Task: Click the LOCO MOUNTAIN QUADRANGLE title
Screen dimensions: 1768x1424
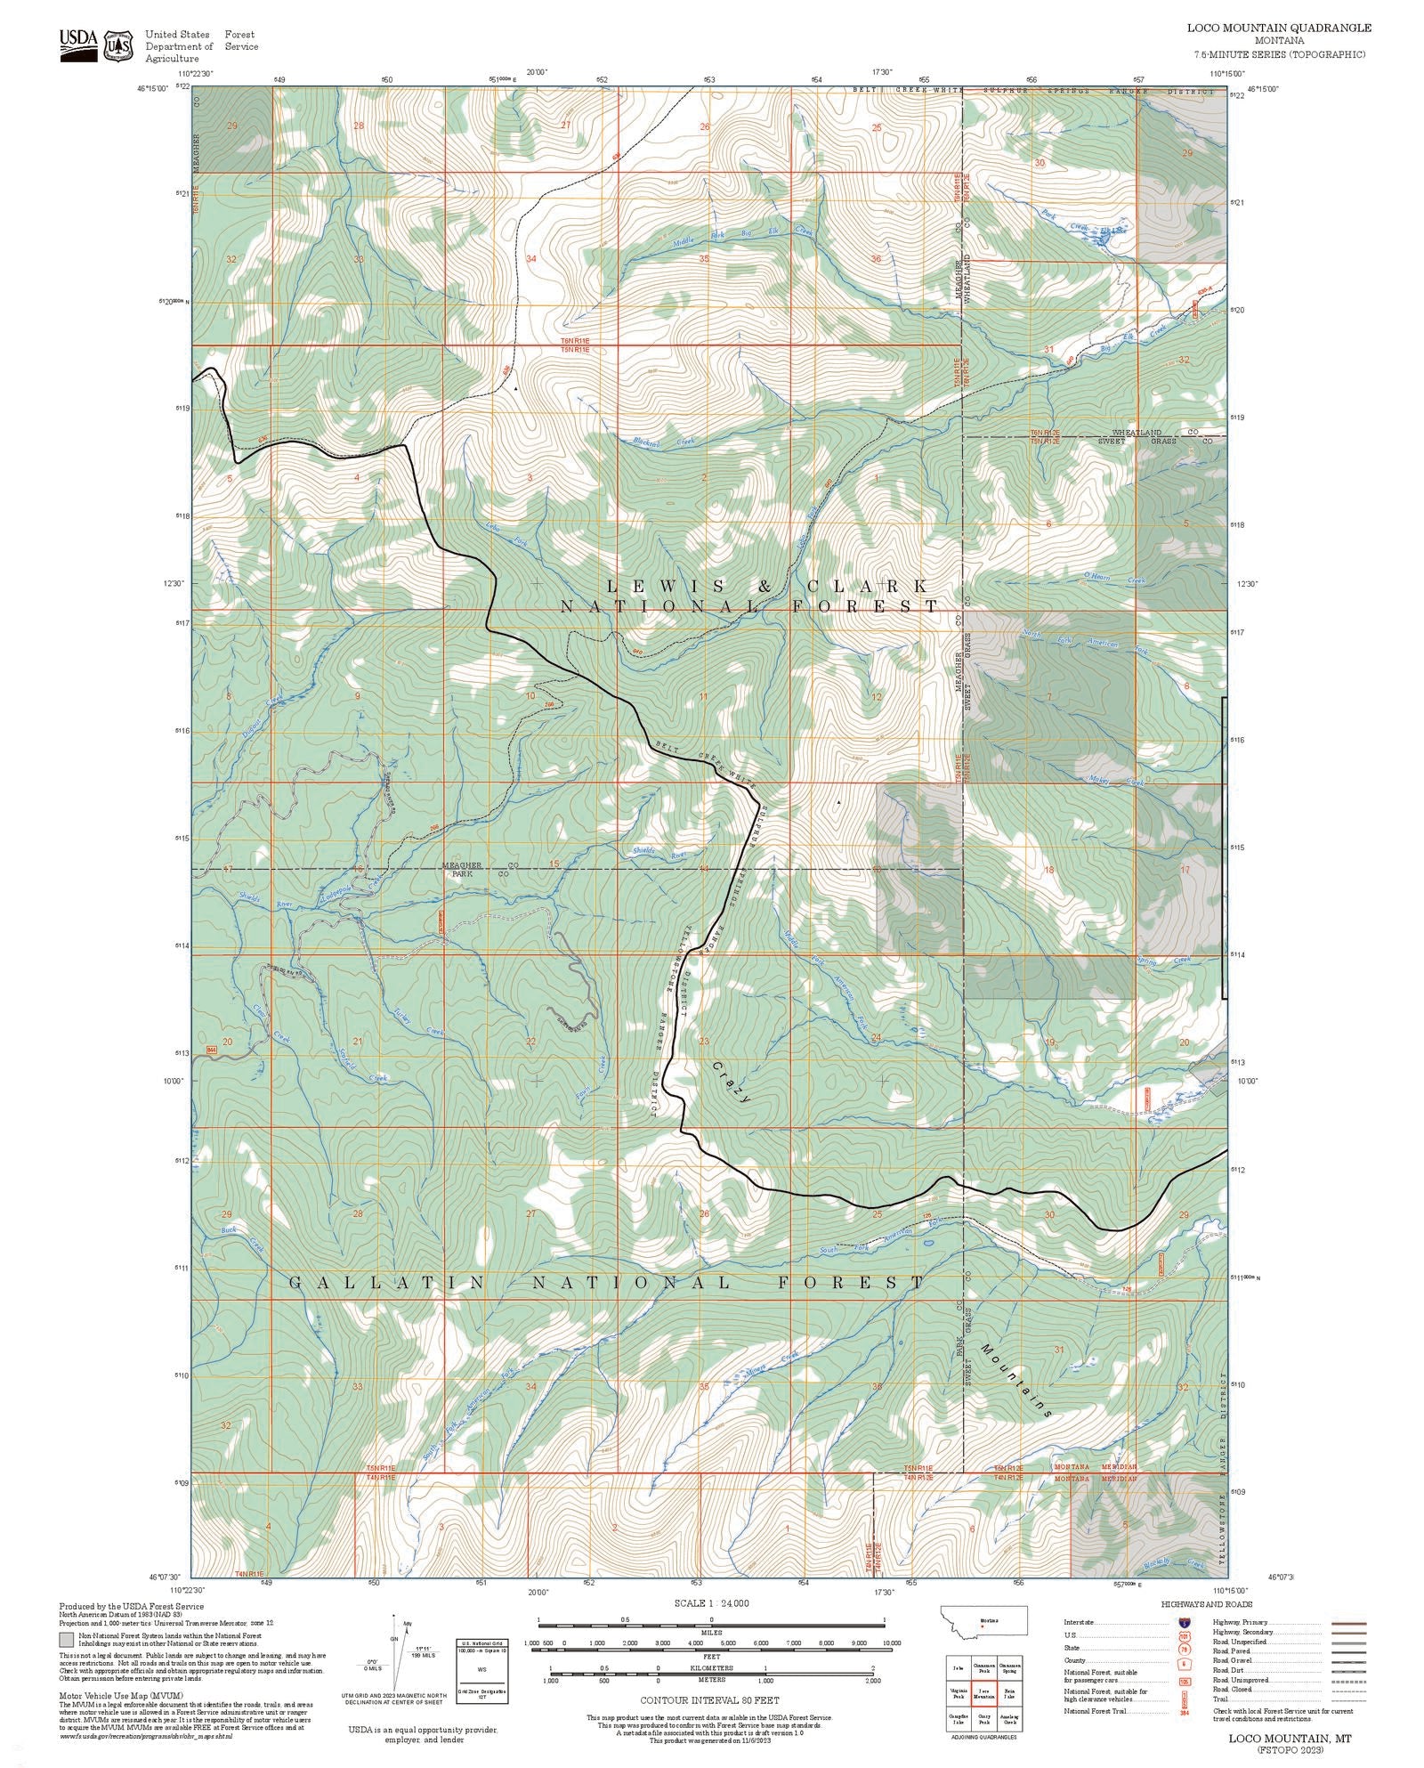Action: pos(1279,28)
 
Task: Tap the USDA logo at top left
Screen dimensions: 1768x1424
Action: pos(78,45)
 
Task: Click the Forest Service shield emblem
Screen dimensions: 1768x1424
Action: pos(118,45)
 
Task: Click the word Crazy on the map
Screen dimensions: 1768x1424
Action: pos(732,1082)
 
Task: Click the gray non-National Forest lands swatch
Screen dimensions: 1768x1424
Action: pos(66,1638)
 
